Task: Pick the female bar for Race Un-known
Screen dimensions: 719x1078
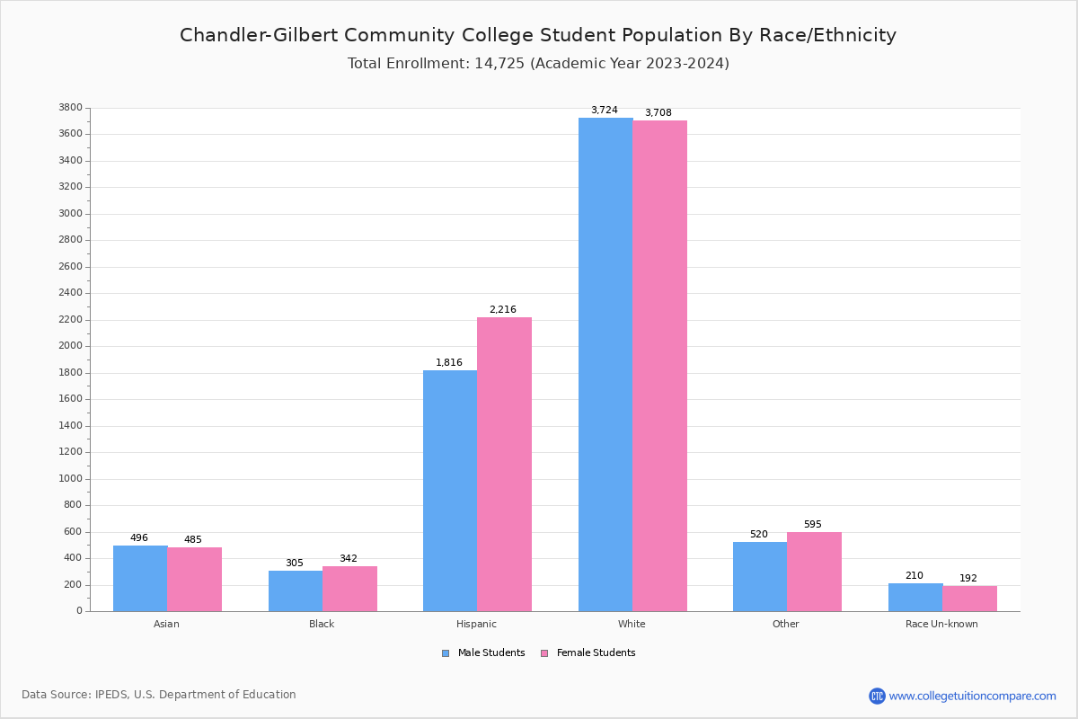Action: (x=969, y=599)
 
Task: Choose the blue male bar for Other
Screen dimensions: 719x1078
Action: (x=760, y=576)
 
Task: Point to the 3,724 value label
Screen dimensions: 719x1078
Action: (x=604, y=111)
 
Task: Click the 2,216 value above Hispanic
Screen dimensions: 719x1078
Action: (x=502, y=310)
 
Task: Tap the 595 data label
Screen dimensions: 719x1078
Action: (x=812, y=525)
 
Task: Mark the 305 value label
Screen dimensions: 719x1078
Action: (x=295, y=564)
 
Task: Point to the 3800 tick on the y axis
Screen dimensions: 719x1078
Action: (x=70, y=108)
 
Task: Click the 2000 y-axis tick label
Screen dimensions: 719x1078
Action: (x=70, y=346)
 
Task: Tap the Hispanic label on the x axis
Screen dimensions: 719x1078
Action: (x=476, y=624)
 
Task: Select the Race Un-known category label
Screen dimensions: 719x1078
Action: (x=941, y=624)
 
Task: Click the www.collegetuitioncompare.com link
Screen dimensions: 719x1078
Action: (x=972, y=696)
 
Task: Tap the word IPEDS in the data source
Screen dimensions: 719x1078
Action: (x=111, y=695)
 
